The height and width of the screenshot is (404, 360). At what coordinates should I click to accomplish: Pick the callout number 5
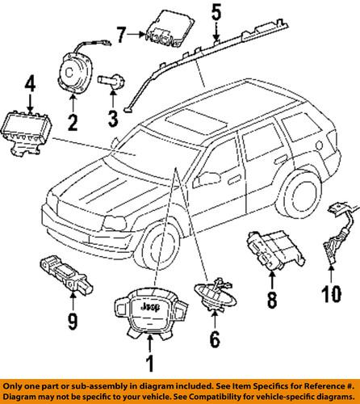tap(215, 13)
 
